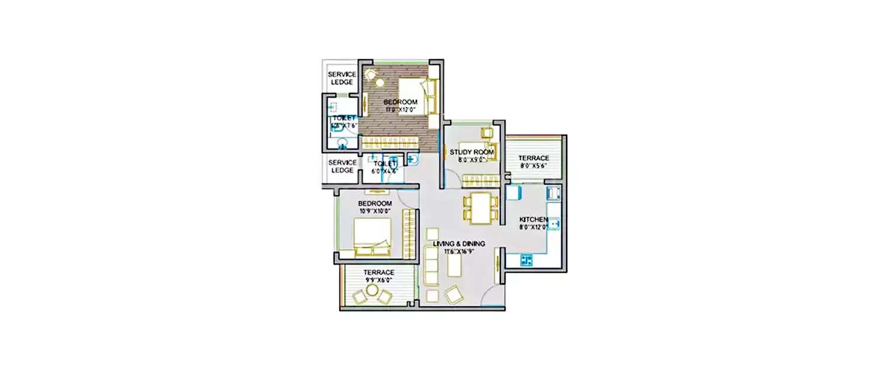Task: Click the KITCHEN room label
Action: click(533, 220)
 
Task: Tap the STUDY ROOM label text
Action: click(471, 152)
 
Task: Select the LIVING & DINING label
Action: click(459, 243)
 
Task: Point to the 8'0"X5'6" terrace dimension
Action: click(533, 166)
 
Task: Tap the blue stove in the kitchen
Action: click(526, 259)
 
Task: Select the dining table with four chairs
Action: click(481, 208)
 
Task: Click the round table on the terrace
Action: click(371, 290)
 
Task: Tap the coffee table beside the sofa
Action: click(455, 265)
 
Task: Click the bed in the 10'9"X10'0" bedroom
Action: click(373, 237)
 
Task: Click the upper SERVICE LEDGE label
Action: click(342, 78)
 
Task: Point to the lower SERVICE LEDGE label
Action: click(342, 166)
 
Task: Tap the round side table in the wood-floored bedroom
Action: click(371, 75)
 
